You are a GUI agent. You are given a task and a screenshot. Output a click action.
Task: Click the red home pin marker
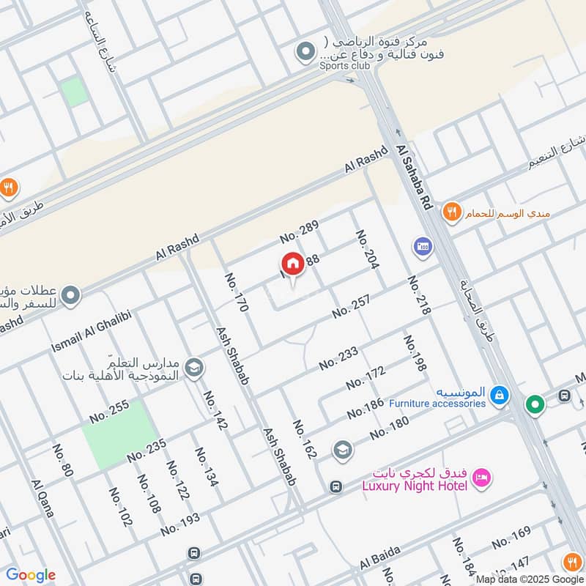(292, 264)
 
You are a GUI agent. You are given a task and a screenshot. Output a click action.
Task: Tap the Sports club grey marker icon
(304, 51)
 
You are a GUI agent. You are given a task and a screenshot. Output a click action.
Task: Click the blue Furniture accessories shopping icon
(500, 396)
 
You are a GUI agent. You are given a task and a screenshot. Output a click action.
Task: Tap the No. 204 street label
(366, 249)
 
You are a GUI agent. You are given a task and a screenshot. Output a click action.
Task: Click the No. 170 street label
(237, 292)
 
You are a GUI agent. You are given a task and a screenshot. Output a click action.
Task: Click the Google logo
(31, 575)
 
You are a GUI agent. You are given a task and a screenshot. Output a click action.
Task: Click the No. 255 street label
(109, 411)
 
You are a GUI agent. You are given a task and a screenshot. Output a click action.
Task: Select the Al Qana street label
(42, 498)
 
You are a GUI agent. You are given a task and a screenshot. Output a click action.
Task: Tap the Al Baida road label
(377, 561)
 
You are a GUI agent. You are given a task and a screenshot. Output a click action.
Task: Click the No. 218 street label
(418, 295)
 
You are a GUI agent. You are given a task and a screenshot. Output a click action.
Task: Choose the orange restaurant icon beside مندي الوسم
(452, 212)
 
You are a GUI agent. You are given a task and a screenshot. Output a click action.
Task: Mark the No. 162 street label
(304, 439)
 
